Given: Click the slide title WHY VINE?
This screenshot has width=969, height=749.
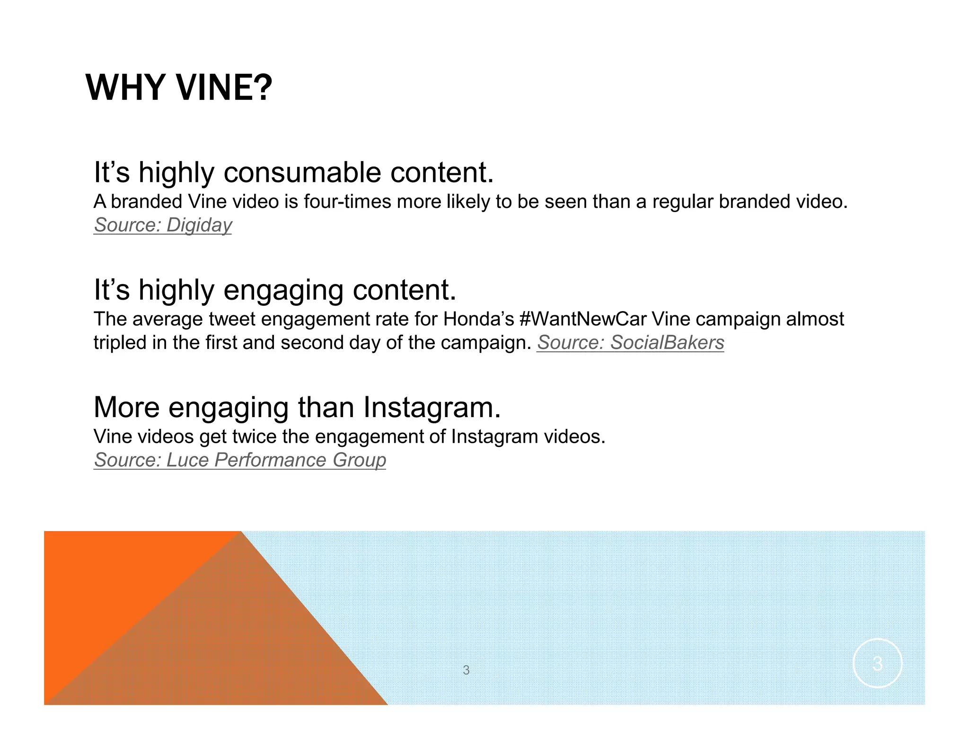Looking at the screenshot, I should [179, 88].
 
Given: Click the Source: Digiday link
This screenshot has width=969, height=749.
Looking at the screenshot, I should [163, 225].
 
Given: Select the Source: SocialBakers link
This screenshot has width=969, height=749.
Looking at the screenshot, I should [630, 342].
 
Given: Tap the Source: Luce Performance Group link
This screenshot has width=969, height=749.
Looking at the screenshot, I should [240, 460].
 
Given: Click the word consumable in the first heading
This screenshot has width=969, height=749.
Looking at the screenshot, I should [302, 172].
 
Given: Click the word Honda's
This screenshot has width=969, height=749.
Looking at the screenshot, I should [478, 319].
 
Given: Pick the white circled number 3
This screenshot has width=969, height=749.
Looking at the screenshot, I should [877, 663].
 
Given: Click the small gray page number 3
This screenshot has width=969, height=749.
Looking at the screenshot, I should [466, 670].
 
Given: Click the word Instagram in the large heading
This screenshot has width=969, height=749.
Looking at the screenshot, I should [432, 407].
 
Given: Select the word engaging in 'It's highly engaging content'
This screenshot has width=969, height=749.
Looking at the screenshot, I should [283, 290].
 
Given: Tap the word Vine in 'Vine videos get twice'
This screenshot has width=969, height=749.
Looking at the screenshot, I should [112, 437].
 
